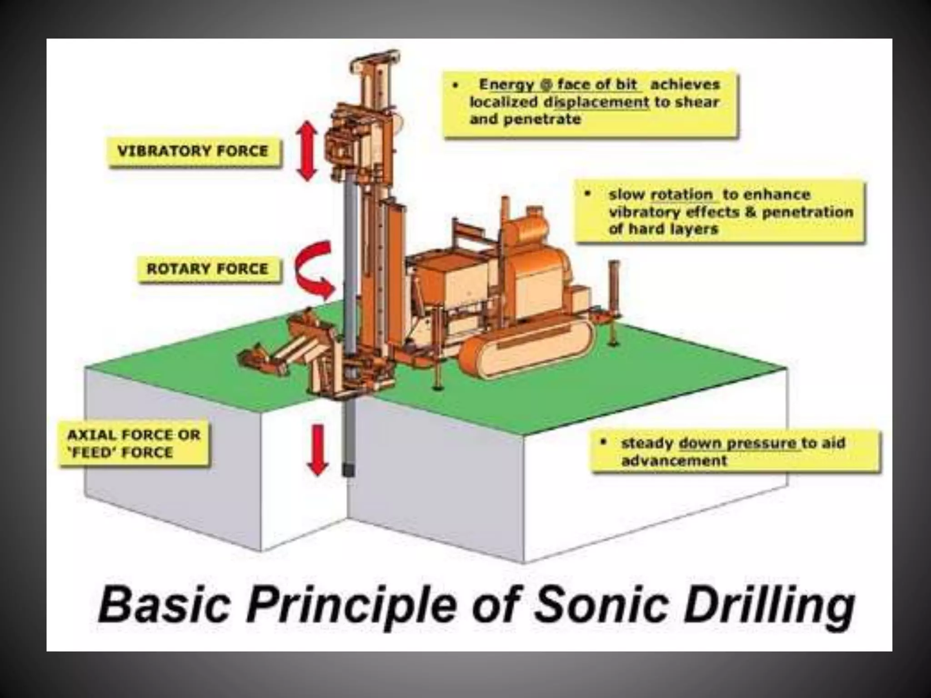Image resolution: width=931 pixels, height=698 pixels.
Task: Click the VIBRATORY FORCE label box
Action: pos(193,151)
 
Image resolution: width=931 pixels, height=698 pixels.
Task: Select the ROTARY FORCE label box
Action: pos(208,269)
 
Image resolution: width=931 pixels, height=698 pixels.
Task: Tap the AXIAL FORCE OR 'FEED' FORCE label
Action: pos(134,444)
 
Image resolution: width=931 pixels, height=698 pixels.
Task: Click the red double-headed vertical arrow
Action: pos(307,151)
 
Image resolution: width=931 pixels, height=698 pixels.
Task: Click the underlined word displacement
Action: pos(597,102)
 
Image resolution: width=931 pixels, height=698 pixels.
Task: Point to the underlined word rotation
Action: pos(681,194)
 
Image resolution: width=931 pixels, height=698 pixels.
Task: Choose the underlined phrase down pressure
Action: pos(737,443)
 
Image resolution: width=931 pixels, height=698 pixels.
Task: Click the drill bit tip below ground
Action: pos(348,470)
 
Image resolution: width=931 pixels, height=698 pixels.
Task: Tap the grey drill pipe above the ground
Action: pos(349,254)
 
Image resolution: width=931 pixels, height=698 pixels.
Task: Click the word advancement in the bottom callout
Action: pos(674,461)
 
